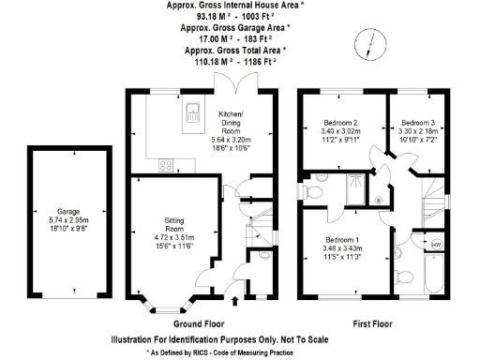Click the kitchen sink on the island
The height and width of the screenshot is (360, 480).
coord(192,114)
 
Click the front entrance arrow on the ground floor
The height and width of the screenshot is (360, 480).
coord(233,301)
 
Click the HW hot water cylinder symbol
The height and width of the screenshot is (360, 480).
coord(435,245)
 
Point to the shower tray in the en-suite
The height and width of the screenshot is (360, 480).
coord(352,191)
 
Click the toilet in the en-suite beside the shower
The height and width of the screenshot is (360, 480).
coord(316,193)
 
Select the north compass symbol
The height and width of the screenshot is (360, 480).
coord(371,40)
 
